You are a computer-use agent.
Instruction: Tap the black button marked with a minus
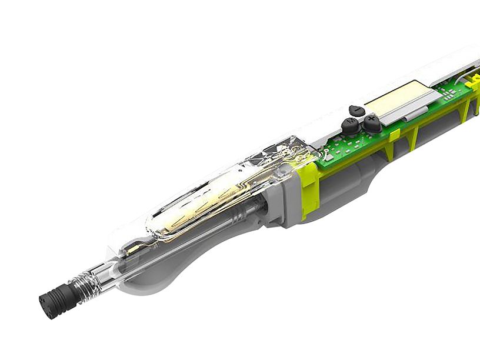click(355, 110)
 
